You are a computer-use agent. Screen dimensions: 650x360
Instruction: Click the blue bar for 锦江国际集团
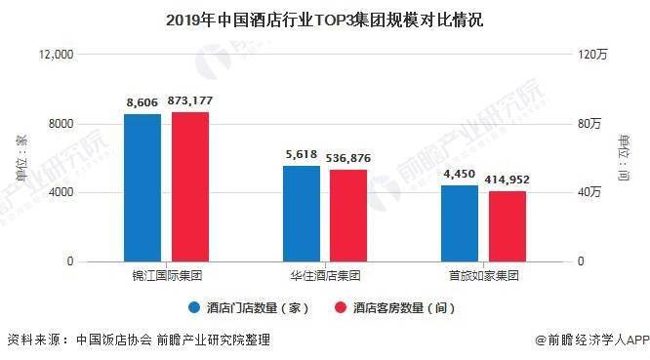click(142, 187)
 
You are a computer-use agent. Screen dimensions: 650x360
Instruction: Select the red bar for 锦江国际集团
click(190, 187)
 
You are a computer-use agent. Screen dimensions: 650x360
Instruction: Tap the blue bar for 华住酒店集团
click(302, 214)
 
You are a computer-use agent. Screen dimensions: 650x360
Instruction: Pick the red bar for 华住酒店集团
click(348, 216)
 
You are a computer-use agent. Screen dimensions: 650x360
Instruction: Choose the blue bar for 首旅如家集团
click(460, 223)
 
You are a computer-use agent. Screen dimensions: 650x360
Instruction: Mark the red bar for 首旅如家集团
click(508, 226)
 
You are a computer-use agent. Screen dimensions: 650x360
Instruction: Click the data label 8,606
click(142, 102)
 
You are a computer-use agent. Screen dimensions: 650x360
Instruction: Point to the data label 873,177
click(190, 100)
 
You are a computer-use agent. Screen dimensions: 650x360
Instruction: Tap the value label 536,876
click(348, 158)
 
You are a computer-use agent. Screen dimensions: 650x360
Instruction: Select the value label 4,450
click(460, 174)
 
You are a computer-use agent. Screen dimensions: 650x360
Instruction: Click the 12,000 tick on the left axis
click(56, 55)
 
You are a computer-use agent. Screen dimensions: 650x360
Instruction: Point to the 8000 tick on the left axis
click(61, 124)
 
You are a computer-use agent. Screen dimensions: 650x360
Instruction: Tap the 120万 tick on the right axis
click(592, 55)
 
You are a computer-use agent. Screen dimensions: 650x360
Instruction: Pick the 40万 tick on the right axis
click(589, 192)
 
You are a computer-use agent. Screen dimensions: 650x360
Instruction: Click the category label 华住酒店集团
click(325, 275)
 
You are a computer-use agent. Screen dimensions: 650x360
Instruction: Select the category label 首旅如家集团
click(484, 275)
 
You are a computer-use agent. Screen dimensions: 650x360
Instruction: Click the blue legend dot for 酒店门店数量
click(194, 307)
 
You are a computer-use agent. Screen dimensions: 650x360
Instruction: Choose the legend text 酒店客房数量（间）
click(404, 307)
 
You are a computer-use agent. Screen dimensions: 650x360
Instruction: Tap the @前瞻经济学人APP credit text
click(592, 340)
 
